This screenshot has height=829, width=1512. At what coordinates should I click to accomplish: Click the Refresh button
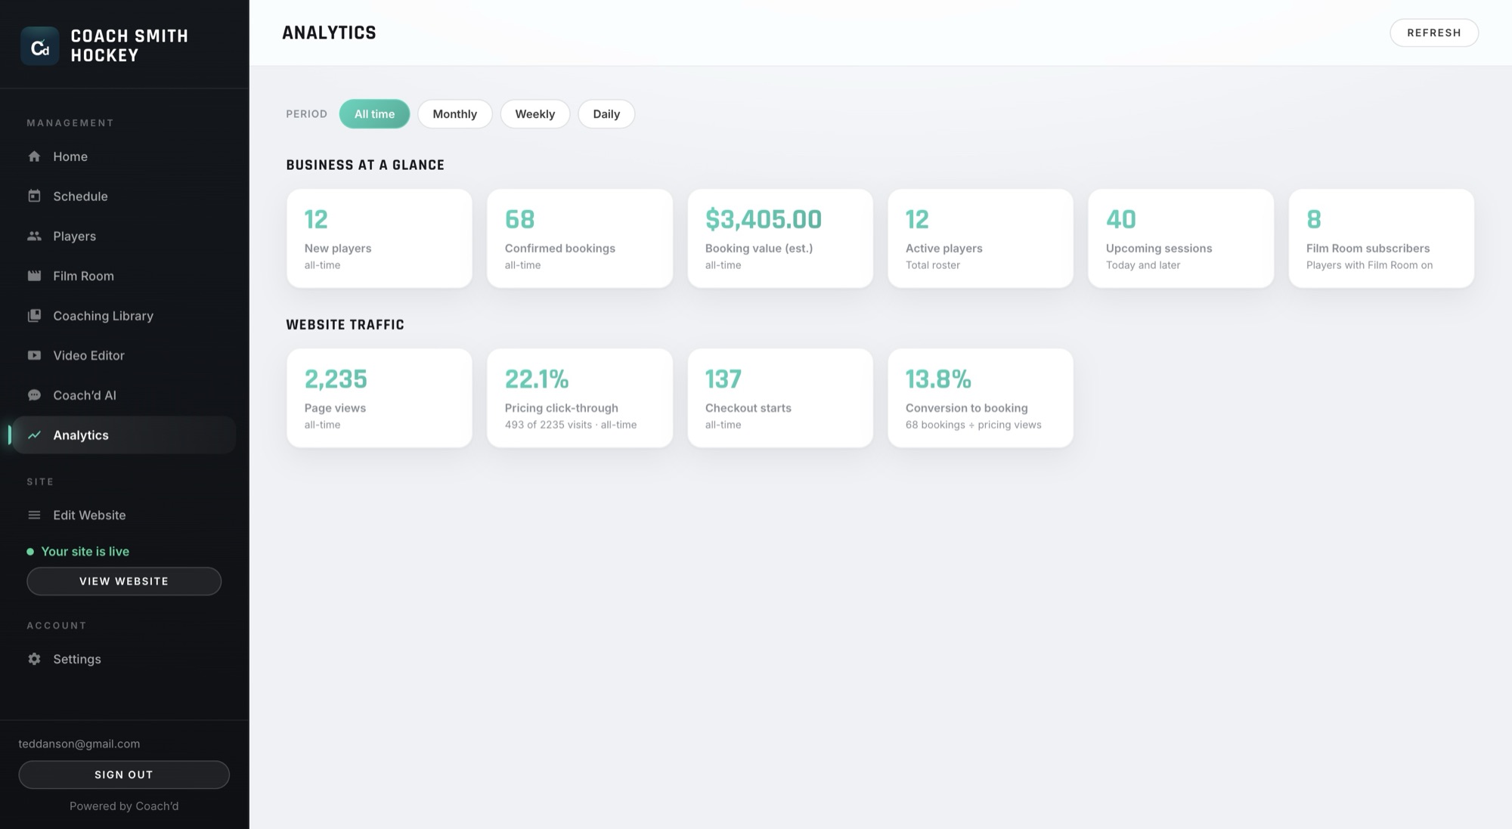(1433, 32)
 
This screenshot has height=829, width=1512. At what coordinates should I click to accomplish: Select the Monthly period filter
(454, 114)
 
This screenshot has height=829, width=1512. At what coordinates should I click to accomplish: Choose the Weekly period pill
(534, 114)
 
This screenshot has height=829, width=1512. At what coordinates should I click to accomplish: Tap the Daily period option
(606, 114)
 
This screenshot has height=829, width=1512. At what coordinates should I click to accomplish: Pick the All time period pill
(374, 114)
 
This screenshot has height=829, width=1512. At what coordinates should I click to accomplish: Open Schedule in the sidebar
(80, 196)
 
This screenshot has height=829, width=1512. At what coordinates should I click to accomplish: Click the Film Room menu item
(83, 276)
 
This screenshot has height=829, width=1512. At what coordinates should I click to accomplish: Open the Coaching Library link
(103, 316)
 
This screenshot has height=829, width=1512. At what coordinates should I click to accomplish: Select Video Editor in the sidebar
(88, 355)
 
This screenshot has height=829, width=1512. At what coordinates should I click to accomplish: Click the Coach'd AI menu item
(84, 395)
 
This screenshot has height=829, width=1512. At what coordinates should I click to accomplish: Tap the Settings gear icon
(34, 659)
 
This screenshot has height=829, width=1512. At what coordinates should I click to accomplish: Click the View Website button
(124, 581)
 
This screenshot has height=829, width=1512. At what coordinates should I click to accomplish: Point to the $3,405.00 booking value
(763, 219)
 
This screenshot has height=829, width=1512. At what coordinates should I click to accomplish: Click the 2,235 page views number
(336, 379)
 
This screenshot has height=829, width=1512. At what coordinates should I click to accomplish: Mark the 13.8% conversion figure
(938, 379)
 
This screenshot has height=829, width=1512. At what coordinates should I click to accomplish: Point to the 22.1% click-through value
(537, 379)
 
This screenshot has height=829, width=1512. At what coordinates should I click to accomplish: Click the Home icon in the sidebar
(34, 156)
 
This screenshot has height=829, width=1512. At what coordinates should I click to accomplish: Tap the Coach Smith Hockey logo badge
(40, 46)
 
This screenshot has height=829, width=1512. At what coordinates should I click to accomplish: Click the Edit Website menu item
(89, 515)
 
